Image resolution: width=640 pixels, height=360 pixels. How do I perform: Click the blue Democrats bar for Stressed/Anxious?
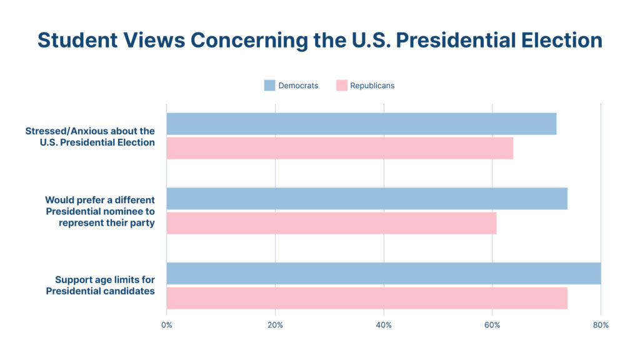361,124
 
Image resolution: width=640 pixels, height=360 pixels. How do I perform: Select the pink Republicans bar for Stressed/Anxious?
339,148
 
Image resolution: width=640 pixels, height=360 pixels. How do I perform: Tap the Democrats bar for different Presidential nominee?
367,199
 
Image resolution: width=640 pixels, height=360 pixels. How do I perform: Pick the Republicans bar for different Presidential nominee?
331,223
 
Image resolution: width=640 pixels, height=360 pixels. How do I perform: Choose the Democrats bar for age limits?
383,273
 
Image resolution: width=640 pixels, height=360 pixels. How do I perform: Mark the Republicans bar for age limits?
367,298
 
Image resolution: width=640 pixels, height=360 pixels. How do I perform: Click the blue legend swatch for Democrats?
269,86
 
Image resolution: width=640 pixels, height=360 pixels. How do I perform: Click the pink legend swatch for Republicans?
341,86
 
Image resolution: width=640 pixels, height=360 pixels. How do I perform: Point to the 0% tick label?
167,325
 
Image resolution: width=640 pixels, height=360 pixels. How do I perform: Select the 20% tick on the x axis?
275,325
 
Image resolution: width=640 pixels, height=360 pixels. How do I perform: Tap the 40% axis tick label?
384,325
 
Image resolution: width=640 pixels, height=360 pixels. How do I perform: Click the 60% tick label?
492,325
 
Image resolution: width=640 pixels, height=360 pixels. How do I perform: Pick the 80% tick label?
601,325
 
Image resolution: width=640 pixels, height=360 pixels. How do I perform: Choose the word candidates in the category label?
129,291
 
